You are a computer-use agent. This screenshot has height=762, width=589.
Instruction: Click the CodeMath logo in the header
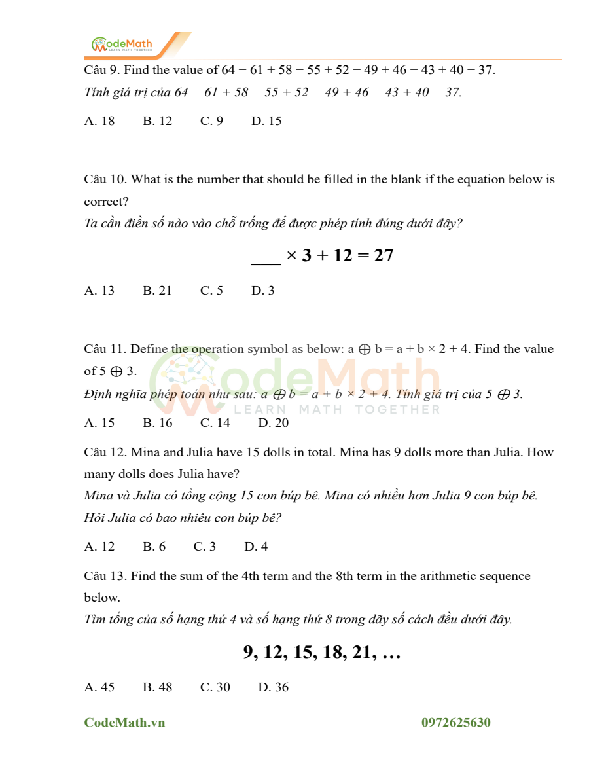[122, 45]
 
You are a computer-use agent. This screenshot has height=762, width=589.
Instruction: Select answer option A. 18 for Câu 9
[99, 121]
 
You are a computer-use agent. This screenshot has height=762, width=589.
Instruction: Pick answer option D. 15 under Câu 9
[266, 121]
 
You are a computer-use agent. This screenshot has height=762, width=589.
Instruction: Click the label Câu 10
[105, 179]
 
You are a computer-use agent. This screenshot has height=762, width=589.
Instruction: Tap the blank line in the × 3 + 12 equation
[266, 256]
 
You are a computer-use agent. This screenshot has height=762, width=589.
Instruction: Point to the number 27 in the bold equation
[384, 255]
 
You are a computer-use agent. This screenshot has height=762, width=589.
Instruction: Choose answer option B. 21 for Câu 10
[157, 291]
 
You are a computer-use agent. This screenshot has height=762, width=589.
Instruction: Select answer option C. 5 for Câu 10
[211, 291]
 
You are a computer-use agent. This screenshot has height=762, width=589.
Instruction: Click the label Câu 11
[105, 349]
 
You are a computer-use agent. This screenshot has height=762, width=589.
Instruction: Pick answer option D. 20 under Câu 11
[273, 423]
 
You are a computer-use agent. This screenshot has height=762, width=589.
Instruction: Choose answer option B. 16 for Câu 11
[157, 423]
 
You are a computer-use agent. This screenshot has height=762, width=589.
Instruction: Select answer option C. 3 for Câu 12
[204, 547]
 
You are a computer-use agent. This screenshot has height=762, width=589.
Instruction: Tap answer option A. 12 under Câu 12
[99, 547]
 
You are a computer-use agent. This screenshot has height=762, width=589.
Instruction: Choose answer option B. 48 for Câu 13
[157, 687]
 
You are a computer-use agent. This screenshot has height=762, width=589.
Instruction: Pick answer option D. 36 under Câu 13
[273, 687]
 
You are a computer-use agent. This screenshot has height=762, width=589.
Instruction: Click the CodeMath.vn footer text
[124, 723]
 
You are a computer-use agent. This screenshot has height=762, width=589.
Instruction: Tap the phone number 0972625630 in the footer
[456, 723]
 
